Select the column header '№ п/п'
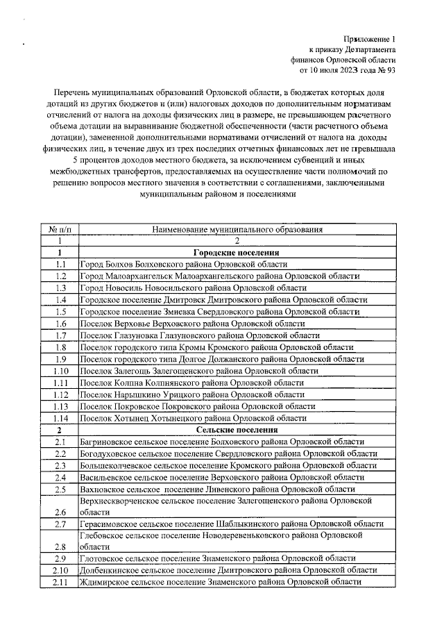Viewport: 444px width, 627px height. pyautogui.click(x=61, y=229)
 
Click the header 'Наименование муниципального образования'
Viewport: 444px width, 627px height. pyautogui.click(x=237, y=229)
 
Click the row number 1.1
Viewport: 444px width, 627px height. pyautogui.click(x=61, y=265)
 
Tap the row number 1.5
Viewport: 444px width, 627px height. pyautogui.click(x=61, y=312)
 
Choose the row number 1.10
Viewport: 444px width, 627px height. pyautogui.click(x=61, y=371)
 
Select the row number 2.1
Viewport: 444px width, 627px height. pyautogui.click(x=61, y=442)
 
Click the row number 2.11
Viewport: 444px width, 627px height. pyautogui.click(x=61, y=582)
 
